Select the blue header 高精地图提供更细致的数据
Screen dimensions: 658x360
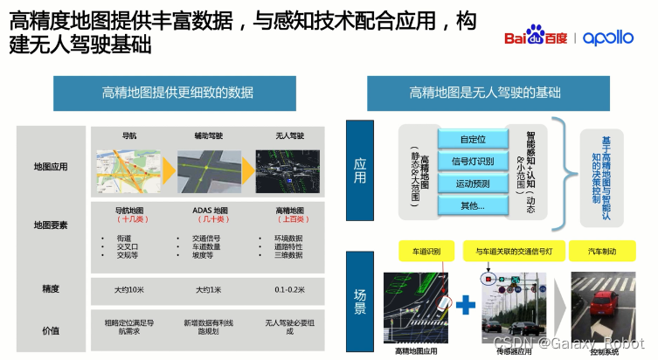click(177, 93)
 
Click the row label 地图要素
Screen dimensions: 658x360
click(51, 225)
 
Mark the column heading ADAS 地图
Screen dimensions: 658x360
click(209, 210)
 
